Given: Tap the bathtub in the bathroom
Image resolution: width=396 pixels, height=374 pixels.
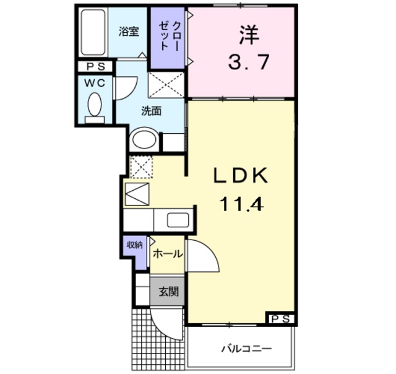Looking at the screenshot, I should pos(93,33).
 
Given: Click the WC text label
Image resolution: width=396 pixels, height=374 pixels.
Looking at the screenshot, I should pos(95,81).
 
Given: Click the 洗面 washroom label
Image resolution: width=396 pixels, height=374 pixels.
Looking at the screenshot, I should pos(151,111).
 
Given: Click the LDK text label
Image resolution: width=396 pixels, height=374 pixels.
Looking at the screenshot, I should pos(241,176).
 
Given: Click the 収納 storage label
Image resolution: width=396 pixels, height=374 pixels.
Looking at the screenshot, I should pos(135,245).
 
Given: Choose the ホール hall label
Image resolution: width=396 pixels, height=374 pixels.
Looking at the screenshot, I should pos(167,254).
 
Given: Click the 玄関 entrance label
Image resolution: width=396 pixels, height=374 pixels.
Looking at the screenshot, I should pos(167,291).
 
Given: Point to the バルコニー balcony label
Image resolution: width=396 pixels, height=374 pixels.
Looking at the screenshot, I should pos(246,349).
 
